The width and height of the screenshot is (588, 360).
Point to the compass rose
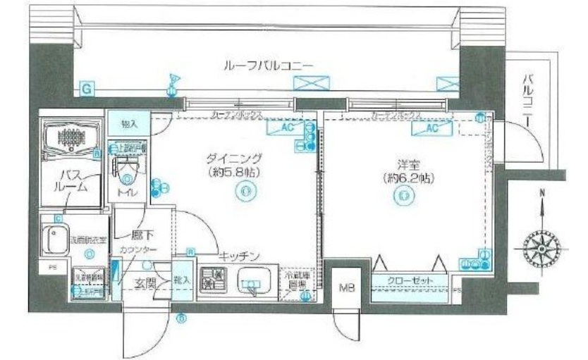[541, 247]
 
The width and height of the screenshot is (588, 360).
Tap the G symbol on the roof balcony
[85, 89]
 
